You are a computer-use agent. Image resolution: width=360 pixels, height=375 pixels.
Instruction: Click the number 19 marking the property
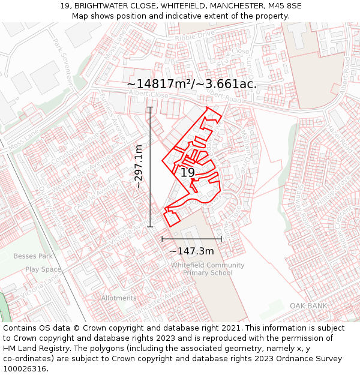coord(188,173)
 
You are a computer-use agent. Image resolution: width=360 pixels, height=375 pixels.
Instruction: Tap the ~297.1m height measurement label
coord(139,167)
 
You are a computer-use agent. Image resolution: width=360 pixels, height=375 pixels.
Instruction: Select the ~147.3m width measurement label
coord(192,251)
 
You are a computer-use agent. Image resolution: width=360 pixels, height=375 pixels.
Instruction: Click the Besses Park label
coord(33,256)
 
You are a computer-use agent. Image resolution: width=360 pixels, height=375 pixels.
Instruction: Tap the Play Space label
coord(43,269)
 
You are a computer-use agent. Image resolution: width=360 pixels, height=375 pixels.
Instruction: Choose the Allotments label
coord(119,298)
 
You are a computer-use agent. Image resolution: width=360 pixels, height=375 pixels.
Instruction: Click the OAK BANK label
coord(308,306)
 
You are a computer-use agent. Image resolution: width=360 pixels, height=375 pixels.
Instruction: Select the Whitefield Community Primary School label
coord(208,269)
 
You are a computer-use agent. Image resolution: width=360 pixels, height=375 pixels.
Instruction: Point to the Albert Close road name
coord(148,95)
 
